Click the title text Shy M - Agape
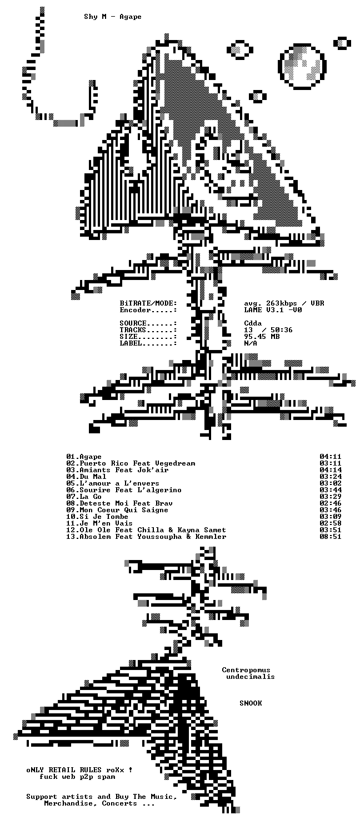(x=113, y=17)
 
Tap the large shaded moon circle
(x=302, y=66)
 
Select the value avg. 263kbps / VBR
(x=284, y=303)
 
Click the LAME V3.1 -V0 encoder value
(x=273, y=310)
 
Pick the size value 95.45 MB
(x=262, y=337)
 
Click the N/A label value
(x=251, y=343)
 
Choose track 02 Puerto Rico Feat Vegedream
(x=131, y=463)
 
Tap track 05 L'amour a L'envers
(x=112, y=483)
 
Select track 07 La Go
(x=83, y=497)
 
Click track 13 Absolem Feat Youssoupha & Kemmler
(x=146, y=537)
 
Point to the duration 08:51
(x=331, y=537)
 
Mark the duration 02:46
(x=331, y=503)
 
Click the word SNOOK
(x=251, y=703)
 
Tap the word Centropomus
(x=246, y=670)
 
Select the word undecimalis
(x=250, y=677)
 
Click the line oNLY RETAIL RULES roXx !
(x=79, y=770)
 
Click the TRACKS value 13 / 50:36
(x=268, y=330)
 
